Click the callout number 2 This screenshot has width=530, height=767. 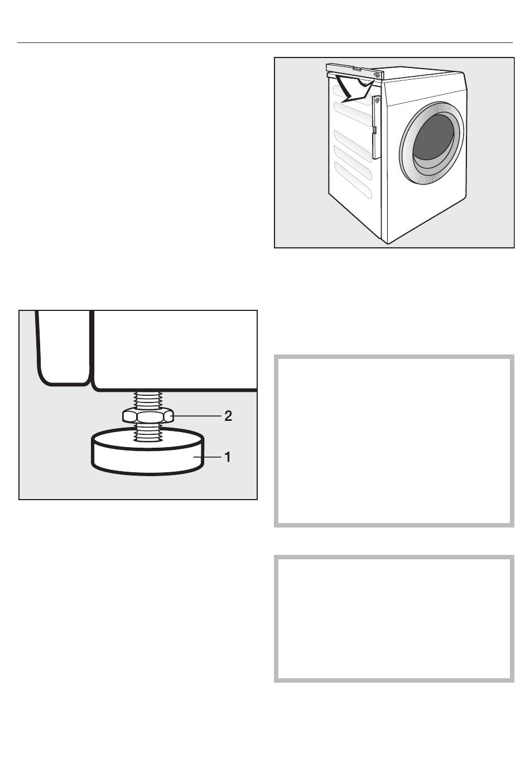point(228,416)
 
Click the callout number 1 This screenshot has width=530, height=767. point(228,457)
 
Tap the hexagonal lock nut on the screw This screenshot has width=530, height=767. point(148,416)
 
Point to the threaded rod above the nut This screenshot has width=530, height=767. point(148,400)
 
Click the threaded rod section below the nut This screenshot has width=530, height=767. point(148,433)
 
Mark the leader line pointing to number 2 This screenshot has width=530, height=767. point(197,416)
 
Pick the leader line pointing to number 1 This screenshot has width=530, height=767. point(208,457)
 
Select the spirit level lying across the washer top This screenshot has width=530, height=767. point(354,71)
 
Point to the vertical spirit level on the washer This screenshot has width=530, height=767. point(377,127)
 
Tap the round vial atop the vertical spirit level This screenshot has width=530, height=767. point(377,100)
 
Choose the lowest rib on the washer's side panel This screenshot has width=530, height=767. point(353,180)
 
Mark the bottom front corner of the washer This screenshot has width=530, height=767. point(388,244)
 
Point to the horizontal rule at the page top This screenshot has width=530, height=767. point(265,43)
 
